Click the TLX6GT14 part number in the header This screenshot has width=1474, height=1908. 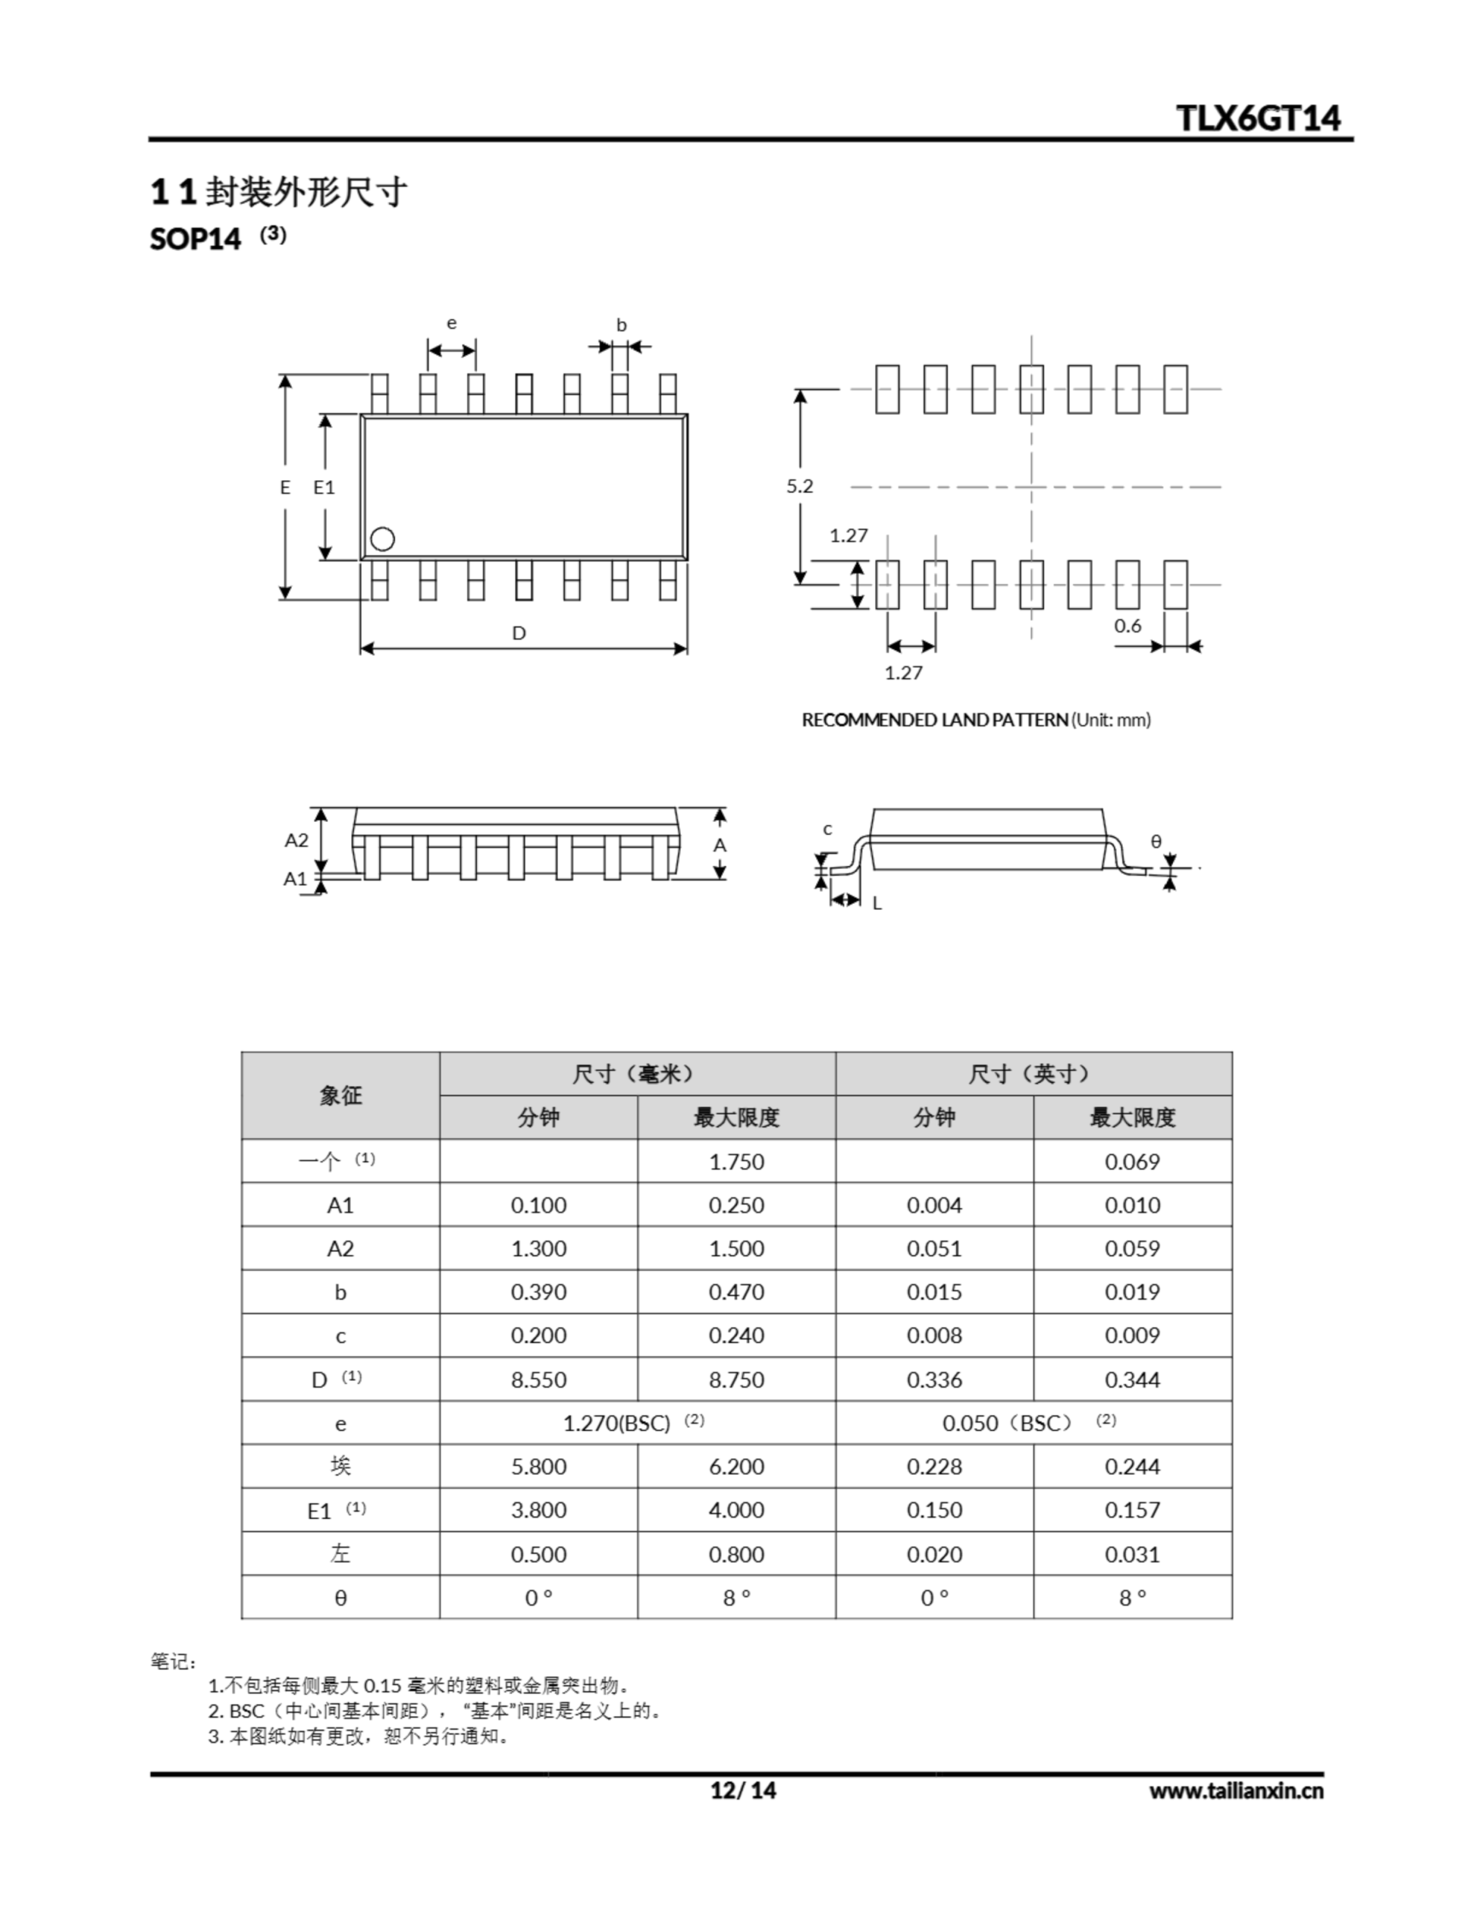1257,118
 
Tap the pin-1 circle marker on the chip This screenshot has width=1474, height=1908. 382,539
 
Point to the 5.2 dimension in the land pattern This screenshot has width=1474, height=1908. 800,487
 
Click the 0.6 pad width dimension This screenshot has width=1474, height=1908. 1127,625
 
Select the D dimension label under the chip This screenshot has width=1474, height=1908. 519,633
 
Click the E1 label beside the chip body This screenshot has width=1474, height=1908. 324,487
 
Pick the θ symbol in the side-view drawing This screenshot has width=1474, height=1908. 1156,841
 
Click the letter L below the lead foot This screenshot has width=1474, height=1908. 877,904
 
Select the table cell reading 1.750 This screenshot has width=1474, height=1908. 736,1162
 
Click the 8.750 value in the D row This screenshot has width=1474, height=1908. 736,1380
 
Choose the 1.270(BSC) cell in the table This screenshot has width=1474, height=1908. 617,1423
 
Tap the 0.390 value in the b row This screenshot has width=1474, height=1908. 538,1292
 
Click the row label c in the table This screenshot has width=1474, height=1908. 340,1336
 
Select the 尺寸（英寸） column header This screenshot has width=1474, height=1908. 1033,1074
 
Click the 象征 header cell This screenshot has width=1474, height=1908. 340,1096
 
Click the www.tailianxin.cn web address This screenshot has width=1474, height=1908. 1236,1791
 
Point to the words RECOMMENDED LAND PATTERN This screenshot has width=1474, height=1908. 935,720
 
